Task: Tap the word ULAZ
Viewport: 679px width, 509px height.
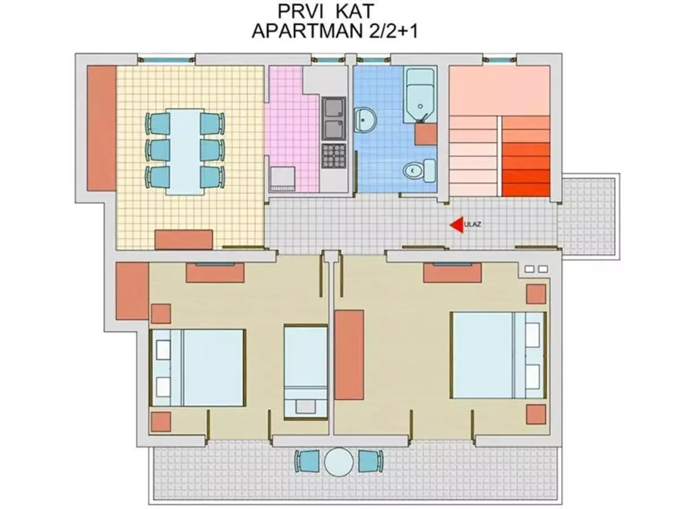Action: (x=472, y=225)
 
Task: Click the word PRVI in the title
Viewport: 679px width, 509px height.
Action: (x=300, y=11)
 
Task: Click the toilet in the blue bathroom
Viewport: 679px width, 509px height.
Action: (x=419, y=170)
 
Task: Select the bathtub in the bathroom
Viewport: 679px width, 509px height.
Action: (x=420, y=96)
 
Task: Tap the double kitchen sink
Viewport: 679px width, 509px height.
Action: (x=333, y=118)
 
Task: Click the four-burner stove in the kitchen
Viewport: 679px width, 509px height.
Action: (x=333, y=156)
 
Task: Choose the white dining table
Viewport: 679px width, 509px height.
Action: (x=185, y=152)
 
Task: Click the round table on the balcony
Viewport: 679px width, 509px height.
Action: (x=339, y=462)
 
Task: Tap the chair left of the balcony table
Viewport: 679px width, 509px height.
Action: (x=307, y=461)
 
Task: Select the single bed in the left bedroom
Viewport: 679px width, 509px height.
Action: (x=306, y=372)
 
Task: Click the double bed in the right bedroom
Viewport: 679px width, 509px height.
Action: (x=498, y=355)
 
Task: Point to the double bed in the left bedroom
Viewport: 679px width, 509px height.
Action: (x=197, y=368)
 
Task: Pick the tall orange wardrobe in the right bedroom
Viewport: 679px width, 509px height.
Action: (x=349, y=355)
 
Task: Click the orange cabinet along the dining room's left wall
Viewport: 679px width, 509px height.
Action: (x=102, y=128)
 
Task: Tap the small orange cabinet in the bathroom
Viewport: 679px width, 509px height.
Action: (x=426, y=134)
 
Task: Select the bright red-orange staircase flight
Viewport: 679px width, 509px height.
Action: (x=526, y=156)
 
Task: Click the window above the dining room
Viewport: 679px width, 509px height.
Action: (x=166, y=59)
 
